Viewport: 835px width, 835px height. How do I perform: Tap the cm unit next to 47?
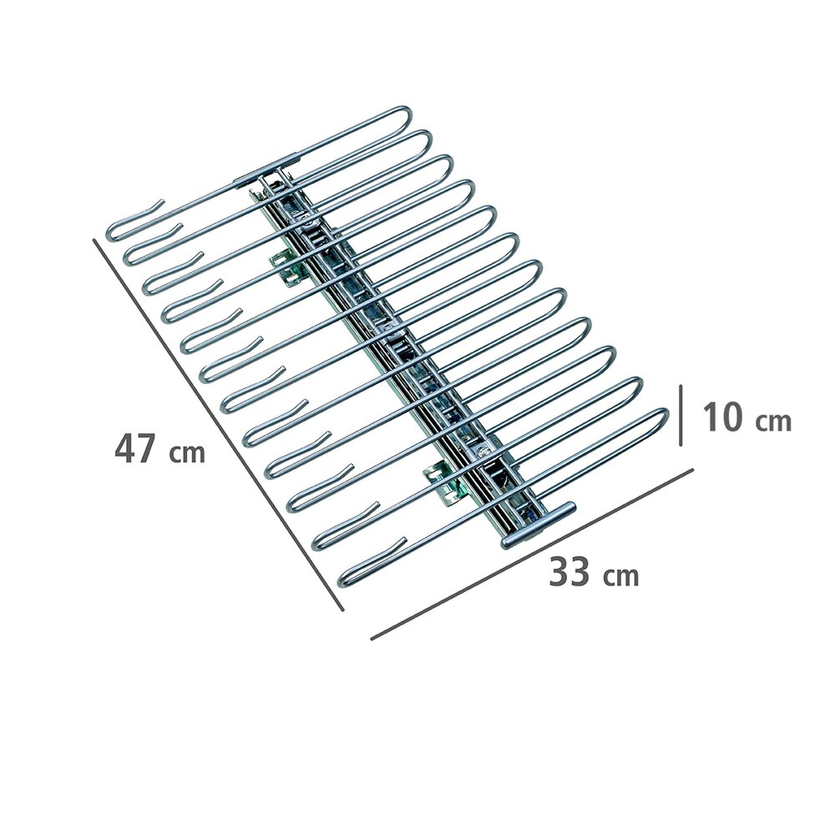click(x=188, y=453)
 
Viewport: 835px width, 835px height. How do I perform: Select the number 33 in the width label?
click(x=570, y=573)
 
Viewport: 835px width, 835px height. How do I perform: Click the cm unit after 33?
click(x=622, y=576)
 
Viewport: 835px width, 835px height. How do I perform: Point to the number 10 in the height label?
click(x=723, y=417)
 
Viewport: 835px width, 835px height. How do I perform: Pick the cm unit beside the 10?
click(x=773, y=421)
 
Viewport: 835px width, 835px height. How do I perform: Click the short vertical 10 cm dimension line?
click(x=682, y=413)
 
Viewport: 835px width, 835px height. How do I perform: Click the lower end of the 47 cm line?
click(x=342, y=610)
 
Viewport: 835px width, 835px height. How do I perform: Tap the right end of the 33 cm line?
click(x=692, y=468)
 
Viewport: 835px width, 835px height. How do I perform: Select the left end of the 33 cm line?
click(x=372, y=640)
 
